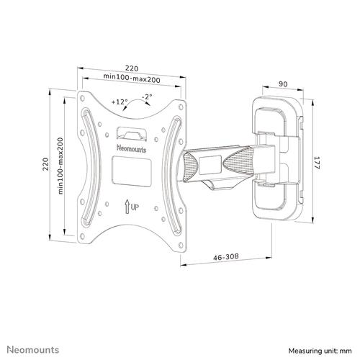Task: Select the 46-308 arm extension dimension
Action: (225, 255)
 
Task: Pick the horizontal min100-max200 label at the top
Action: (130, 76)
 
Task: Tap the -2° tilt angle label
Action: (146, 97)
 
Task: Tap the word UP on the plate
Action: (134, 207)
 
